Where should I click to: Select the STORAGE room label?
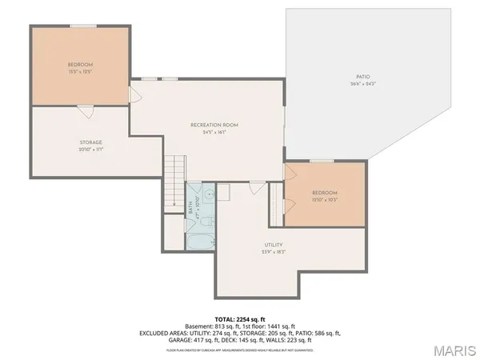click(x=90, y=142)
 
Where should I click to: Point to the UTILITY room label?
click(x=274, y=245)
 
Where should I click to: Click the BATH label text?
click(x=192, y=207)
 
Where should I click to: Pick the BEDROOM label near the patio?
click(x=325, y=193)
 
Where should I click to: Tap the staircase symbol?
click(x=174, y=183)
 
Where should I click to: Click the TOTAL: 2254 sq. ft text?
click(x=240, y=318)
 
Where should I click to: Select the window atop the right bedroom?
click(x=322, y=161)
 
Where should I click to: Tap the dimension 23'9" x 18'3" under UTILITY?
click(x=274, y=251)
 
